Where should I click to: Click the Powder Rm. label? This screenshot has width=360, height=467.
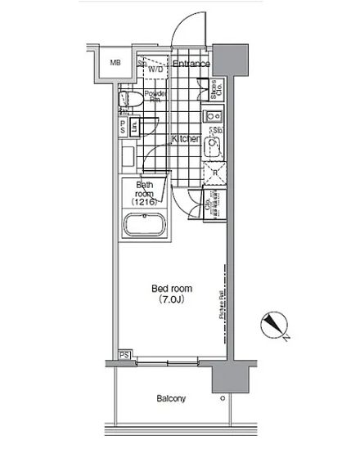pyautogui.click(x=155, y=97)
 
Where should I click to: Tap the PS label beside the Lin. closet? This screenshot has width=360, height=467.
pyautogui.click(x=123, y=128)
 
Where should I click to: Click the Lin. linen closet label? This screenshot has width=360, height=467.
pyautogui.click(x=134, y=127)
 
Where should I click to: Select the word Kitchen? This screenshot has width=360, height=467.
pyautogui.click(x=186, y=140)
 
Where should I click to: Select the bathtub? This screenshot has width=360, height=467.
pyautogui.click(x=144, y=225)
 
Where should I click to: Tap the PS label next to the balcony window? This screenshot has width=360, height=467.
pyautogui.click(x=124, y=354)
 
